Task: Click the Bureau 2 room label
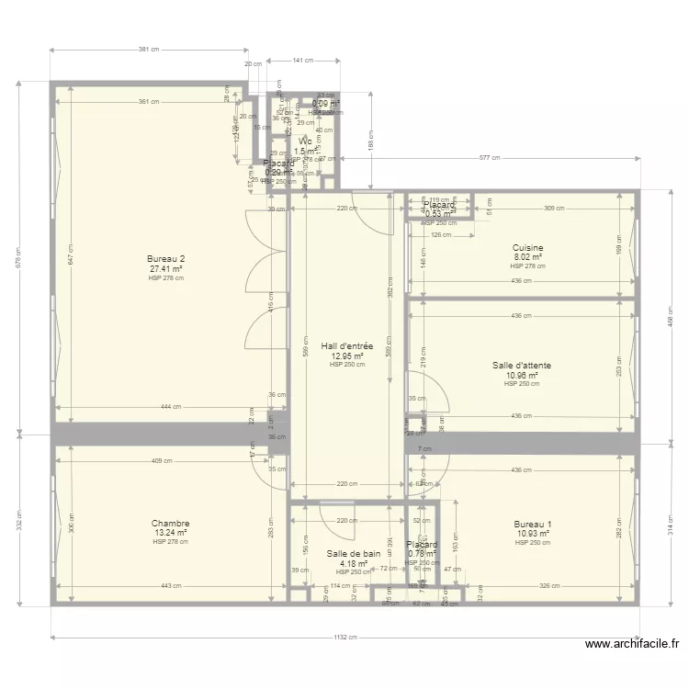tap(166, 260)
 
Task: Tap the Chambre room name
tap(171, 524)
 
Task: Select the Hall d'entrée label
tap(347, 346)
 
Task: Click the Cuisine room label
tap(528, 248)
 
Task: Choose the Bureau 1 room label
tap(533, 524)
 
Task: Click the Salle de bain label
tap(354, 554)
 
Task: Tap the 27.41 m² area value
tap(166, 269)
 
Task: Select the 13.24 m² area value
tap(171, 533)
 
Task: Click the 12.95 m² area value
tap(347, 356)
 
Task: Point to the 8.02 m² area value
tap(528, 257)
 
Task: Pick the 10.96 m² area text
tap(522, 375)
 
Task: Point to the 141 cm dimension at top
tap(303, 61)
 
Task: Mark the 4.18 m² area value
tap(354, 563)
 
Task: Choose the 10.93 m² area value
tap(533, 533)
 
